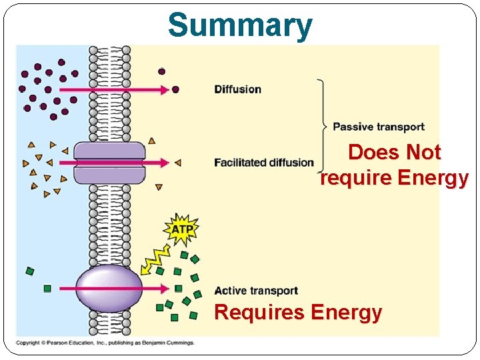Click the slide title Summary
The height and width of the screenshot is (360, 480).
click(x=240, y=25)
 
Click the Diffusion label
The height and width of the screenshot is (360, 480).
click(x=237, y=89)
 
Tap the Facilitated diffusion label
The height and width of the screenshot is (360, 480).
click(x=264, y=162)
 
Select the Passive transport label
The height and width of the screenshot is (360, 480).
click(x=378, y=127)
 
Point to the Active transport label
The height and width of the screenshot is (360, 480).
click(x=256, y=291)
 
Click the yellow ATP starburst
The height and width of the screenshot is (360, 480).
click(x=182, y=229)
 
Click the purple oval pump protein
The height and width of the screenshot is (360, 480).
click(x=109, y=288)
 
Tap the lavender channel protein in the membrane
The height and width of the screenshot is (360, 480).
click(x=100, y=163)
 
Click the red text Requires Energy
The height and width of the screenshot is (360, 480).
click(x=298, y=312)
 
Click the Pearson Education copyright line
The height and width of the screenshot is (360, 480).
click(x=105, y=343)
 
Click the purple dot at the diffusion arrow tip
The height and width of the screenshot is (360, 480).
click(x=175, y=89)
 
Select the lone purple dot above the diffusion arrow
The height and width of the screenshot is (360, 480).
click(x=161, y=71)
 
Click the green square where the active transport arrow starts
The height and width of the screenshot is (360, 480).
click(x=47, y=289)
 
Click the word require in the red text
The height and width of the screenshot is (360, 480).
click(x=357, y=179)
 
